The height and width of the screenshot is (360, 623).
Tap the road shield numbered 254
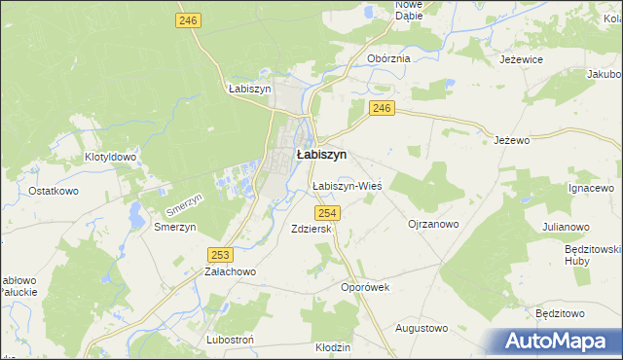pyautogui.click(x=327, y=213)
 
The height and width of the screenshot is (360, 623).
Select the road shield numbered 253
pyautogui.click(x=220, y=254)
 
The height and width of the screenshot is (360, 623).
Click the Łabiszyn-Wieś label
pyautogui.click(x=346, y=185)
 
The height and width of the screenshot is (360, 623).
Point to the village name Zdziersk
pyautogui.click(x=311, y=229)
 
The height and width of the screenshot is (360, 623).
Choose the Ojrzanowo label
pyautogui.click(x=433, y=223)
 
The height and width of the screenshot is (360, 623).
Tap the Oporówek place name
pyautogui.click(x=365, y=287)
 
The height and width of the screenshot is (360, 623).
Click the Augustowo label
pyautogui.click(x=421, y=328)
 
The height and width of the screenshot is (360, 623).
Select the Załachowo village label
pyautogui.click(x=229, y=272)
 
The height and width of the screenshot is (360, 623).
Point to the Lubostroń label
pyautogui.click(x=230, y=341)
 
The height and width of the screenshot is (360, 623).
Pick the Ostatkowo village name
pyautogui.click(x=54, y=191)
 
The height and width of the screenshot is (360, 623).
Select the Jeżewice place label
pyautogui.click(x=521, y=59)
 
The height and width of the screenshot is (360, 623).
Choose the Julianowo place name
pyautogui.click(x=567, y=227)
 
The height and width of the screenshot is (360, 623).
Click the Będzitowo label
pyautogui.click(x=560, y=313)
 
